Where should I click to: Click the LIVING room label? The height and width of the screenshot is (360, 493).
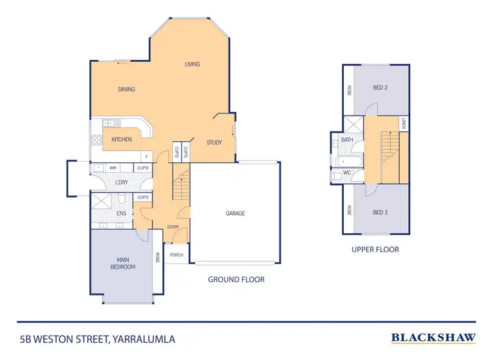click(x=192, y=64)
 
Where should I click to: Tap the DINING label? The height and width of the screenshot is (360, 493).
click(x=127, y=89)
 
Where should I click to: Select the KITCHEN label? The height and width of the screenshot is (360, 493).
click(x=122, y=139)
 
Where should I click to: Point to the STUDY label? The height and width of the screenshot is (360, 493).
click(x=214, y=143)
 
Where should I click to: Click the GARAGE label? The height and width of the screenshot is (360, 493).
click(x=235, y=213)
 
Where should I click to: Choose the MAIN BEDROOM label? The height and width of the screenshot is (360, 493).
click(x=123, y=263)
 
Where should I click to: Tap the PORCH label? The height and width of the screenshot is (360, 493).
click(x=176, y=255)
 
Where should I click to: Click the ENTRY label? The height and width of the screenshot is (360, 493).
click(x=174, y=227)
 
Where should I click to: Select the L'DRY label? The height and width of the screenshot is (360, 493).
click(x=122, y=182)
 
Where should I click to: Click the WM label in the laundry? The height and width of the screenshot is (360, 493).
click(x=112, y=168)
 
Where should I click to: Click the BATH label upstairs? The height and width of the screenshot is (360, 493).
click(x=346, y=140)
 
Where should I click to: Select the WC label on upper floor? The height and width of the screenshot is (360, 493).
click(x=346, y=174)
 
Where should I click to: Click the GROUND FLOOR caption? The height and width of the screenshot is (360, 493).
click(x=236, y=279)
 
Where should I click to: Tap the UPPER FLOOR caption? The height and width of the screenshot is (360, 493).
click(x=375, y=250)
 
